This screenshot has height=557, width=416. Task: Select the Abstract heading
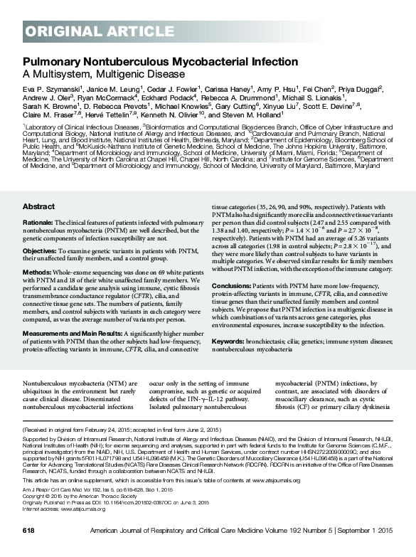pyautogui.click(x=38, y=206)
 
